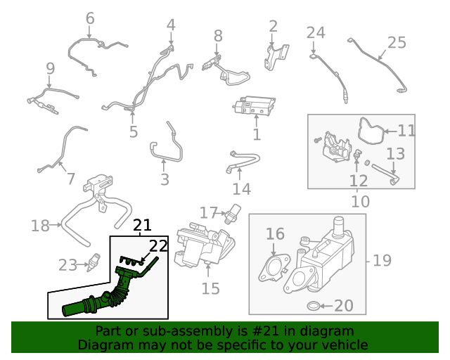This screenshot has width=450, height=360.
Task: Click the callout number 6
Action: pyautogui.click(x=89, y=18)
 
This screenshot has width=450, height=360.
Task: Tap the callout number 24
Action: pyautogui.click(x=316, y=32)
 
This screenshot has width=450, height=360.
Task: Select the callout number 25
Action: pyautogui.click(x=397, y=42)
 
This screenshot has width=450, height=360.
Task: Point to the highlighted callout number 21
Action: pyautogui.click(x=143, y=226)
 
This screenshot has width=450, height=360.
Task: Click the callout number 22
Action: pyautogui.click(x=158, y=246)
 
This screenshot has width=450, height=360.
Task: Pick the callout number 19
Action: pyautogui.click(x=382, y=261)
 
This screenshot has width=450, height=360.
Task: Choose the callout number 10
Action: pyautogui.click(x=360, y=202)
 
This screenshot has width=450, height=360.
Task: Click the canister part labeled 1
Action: pyautogui.click(x=253, y=107)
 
